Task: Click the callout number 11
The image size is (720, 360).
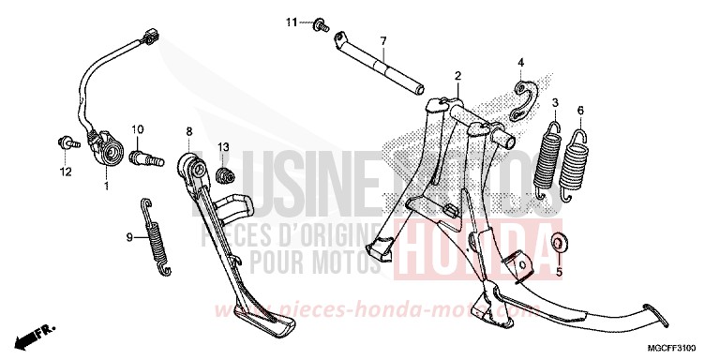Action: (x=292, y=21)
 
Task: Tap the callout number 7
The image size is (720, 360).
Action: (x=382, y=41)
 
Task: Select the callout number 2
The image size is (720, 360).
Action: (x=457, y=75)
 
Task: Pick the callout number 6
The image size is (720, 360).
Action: (x=580, y=111)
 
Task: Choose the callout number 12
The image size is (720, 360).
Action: (x=66, y=172)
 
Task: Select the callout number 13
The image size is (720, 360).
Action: (x=224, y=147)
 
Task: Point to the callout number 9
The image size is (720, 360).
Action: (x=130, y=238)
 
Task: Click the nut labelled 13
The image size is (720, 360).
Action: (x=224, y=175)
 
